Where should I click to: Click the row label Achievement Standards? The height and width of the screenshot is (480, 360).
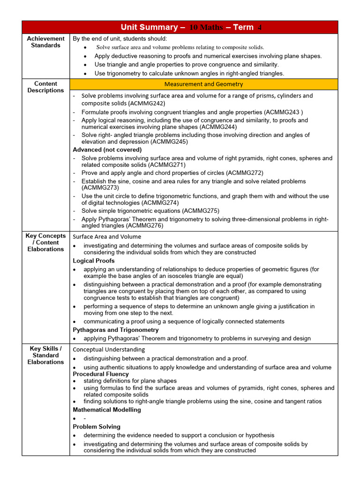point(46,42)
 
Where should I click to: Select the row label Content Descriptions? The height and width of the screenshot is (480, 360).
point(46,87)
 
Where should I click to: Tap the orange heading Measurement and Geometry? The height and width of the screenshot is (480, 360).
point(203,84)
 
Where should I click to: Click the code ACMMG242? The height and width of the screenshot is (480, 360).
point(148,103)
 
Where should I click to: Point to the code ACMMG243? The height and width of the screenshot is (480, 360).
point(283,112)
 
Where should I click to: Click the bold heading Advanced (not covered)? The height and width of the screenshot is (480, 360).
point(107,150)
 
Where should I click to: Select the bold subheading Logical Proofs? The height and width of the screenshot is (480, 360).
point(94,261)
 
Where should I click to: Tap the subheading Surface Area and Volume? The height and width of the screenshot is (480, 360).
point(107,237)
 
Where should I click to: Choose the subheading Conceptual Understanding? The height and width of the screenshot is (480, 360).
point(109,350)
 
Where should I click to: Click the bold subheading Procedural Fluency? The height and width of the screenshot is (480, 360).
point(101,374)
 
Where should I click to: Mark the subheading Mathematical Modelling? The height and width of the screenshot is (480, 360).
point(107,410)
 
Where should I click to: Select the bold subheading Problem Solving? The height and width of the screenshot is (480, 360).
point(97,427)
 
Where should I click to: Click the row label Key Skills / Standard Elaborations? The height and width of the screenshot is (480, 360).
point(46,355)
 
